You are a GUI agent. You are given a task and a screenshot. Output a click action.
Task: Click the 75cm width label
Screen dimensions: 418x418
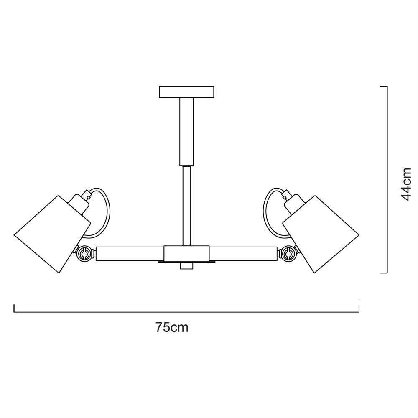[172, 327]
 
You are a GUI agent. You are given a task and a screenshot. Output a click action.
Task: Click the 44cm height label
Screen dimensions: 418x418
[406, 184]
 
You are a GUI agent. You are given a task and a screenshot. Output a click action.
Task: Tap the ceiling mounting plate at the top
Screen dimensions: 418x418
[186, 92]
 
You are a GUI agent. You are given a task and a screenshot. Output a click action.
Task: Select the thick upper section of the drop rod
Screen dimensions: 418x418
[186, 132]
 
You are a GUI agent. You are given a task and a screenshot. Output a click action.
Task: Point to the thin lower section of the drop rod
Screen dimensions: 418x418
[186, 205]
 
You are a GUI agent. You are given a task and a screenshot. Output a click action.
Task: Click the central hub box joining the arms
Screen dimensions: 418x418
[186, 253]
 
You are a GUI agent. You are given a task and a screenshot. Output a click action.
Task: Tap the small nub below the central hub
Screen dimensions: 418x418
[186, 266]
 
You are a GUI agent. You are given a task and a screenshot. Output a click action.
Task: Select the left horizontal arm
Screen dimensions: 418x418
[130, 254]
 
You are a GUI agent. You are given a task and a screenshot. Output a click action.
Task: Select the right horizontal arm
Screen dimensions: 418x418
[243, 254]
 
